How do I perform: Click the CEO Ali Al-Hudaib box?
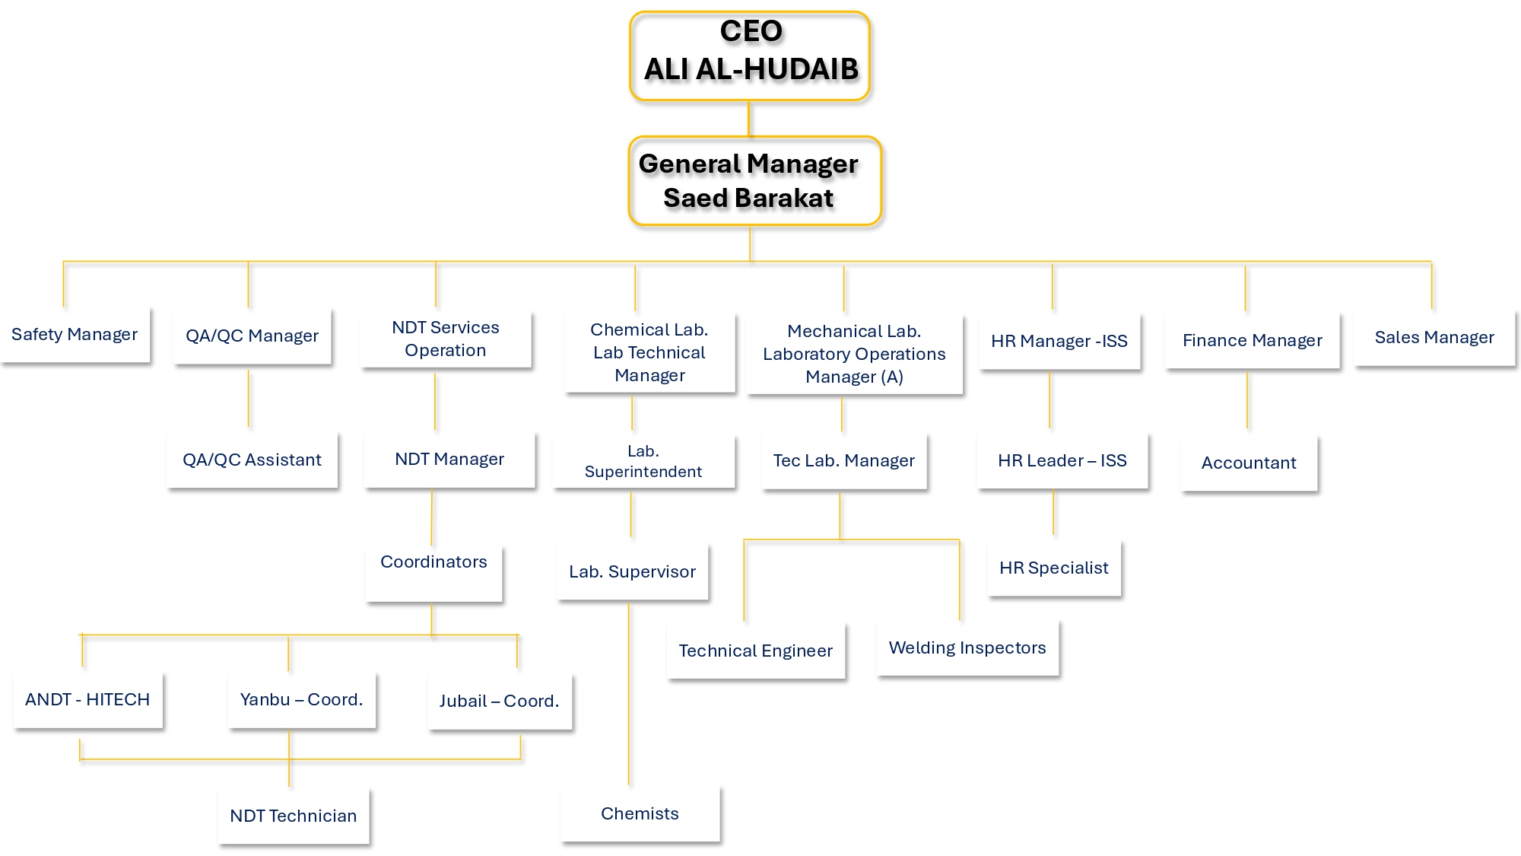pyautogui.click(x=750, y=56)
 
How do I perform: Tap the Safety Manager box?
pyautogui.click(x=75, y=335)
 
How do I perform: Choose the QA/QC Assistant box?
pyautogui.click(x=252, y=460)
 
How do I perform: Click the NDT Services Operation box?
pyautogui.click(x=446, y=339)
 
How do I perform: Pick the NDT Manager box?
pyautogui.click(x=449, y=460)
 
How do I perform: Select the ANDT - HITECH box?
pyautogui.click(x=87, y=700)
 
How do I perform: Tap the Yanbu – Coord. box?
pyautogui.click(x=301, y=700)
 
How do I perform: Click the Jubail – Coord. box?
pyautogui.click(x=500, y=702)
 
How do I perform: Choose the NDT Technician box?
pyautogui.click(x=294, y=816)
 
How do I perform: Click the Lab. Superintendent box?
pyautogui.click(x=643, y=461)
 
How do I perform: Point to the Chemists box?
pyautogui.click(x=640, y=813)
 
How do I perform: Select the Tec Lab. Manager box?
pyautogui.click(x=844, y=461)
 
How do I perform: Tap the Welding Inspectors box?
pyautogui.click(x=967, y=648)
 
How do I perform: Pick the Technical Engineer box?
pyautogui.click(x=756, y=651)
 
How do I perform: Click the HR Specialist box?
pyautogui.click(x=1054, y=568)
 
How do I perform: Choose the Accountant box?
pyautogui.click(x=1249, y=463)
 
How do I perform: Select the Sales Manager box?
pyautogui.click(x=1434, y=338)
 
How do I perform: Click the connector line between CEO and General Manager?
pyautogui.click(x=749, y=119)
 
